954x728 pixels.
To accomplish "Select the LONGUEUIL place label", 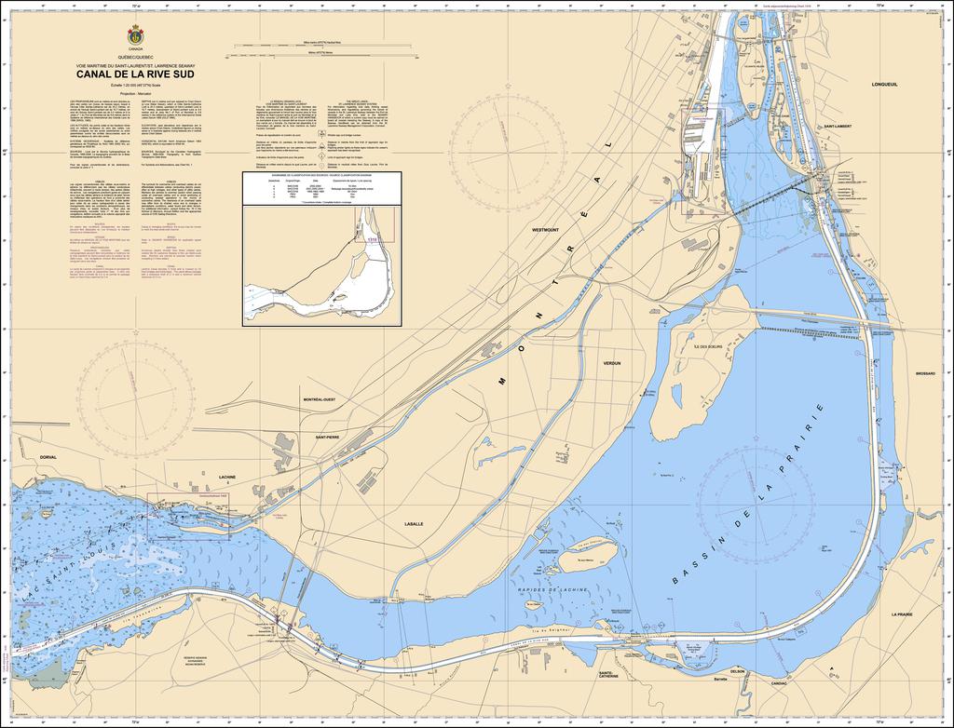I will pos(883,84).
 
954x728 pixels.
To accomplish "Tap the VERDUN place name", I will pos(611,362).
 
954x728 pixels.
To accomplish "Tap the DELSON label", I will pos(738,671).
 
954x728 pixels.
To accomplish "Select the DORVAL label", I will pos(48,458).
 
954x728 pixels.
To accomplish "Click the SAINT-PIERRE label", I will pos(327,437).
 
